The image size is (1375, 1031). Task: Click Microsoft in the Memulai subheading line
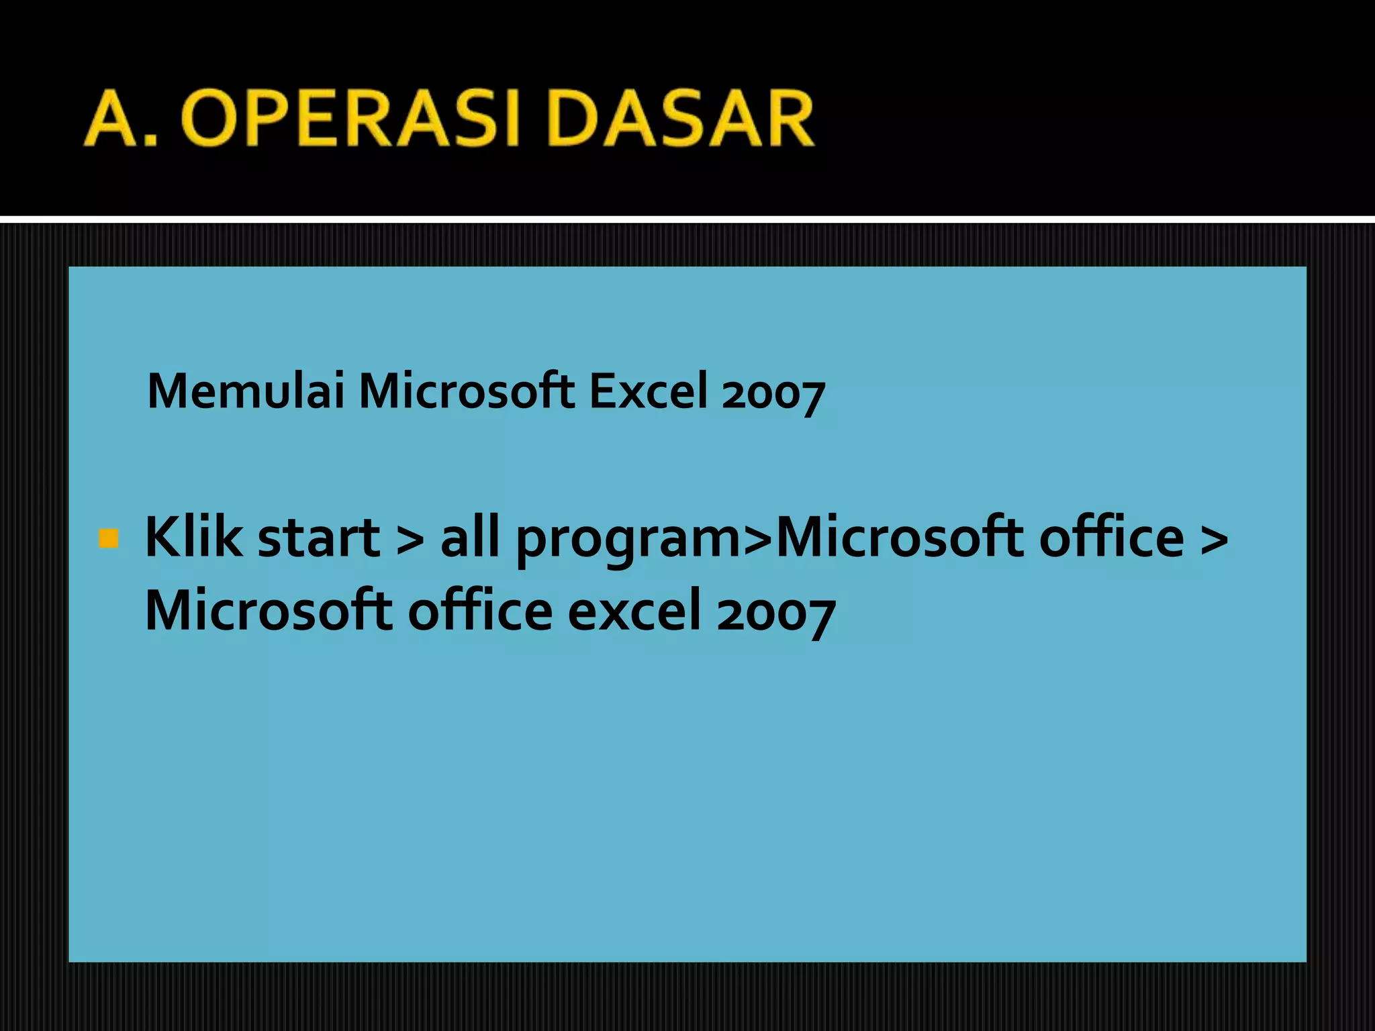(x=467, y=391)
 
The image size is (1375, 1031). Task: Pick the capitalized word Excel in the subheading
(x=648, y=391)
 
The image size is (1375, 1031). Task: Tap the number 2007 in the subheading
(x=773, y=394)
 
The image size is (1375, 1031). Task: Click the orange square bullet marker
(x=108, y=538)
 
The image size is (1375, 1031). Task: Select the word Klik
(x=193, y=537)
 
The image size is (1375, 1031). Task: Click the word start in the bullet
(x=319, y=538)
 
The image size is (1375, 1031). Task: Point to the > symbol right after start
(x=410, y=538)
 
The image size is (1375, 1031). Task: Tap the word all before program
(x=470, y=537)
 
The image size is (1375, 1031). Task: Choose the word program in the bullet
(x=627, y=541)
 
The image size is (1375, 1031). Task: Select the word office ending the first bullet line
(x=1111, y=537)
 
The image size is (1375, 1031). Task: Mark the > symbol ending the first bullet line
(x=1215, y=538)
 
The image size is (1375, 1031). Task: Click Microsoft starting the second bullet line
(x=269, y=611)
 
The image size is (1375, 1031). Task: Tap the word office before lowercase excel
(x=480, y=611)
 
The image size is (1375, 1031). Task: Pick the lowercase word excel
(x=634, y=611)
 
